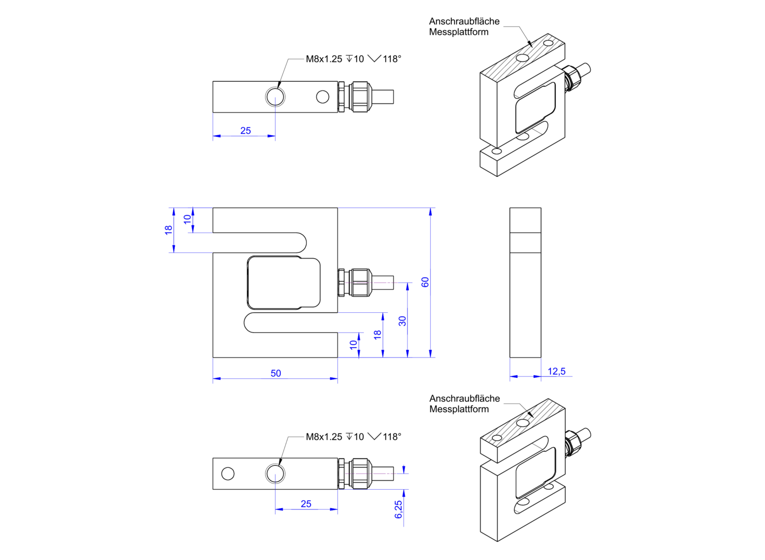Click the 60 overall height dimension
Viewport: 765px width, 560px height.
(425, 282)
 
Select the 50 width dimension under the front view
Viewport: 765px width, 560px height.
(276, 373)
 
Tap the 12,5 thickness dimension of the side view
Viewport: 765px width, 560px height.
(556, 371)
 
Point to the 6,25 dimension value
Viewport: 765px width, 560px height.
(398, 509)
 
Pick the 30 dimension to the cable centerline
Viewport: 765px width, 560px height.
(402, 321)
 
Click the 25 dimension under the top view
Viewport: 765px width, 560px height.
(245, 131)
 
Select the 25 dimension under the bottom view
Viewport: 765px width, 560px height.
(306, 503)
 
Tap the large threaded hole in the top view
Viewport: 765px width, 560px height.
(275, 97)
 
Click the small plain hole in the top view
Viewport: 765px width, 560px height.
(322, 97)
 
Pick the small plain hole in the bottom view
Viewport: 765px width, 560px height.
(228, 474)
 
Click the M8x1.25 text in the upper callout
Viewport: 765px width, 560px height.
(323, 59)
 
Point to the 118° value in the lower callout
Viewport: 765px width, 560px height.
(392, 437)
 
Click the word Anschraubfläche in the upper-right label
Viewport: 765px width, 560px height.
(464, 21)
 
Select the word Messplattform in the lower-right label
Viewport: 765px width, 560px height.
(459, 409)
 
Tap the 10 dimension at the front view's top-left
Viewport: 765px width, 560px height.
(187, 220)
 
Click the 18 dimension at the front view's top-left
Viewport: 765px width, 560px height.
(168, 230)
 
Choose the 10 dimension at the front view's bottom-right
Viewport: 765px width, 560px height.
(354, 345)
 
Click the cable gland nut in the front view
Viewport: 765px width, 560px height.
(360, 283)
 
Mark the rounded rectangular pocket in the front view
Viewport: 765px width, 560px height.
(283, 283)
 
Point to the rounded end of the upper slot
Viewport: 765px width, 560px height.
(300, 243)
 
